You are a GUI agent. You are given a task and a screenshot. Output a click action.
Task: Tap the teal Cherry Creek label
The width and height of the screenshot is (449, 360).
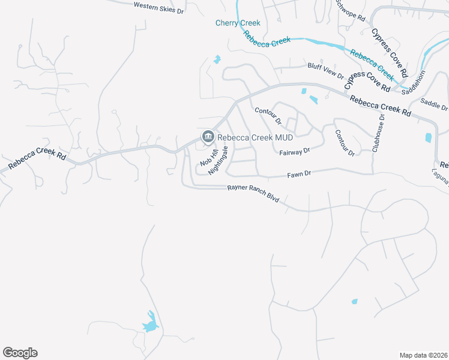(x=238, y=23)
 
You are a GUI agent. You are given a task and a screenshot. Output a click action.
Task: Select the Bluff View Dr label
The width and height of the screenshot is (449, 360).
(x=325, y=71)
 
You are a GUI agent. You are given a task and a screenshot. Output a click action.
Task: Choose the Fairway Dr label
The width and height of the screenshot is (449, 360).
(x=294, y=152)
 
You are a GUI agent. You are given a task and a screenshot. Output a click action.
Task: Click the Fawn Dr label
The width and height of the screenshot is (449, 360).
(x=299, y=173)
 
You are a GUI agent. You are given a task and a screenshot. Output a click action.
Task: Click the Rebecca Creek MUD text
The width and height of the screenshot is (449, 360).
(x=246, y=137)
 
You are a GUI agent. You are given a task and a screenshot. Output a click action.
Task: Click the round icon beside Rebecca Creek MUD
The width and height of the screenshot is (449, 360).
(x=208, y=137)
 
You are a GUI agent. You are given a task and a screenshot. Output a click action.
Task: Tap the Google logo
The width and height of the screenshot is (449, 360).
(x=20, y=353)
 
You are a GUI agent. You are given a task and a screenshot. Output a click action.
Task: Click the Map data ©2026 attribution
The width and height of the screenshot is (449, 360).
(x=423, y=355)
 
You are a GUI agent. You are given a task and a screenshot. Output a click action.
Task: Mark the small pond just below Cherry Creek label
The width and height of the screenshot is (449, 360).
(x=217, y=59)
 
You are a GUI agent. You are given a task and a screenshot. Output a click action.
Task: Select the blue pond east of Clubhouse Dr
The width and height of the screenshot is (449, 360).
(x=428, y=137)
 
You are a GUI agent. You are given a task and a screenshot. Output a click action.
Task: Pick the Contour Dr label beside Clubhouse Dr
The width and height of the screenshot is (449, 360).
(x=345, y=143)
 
